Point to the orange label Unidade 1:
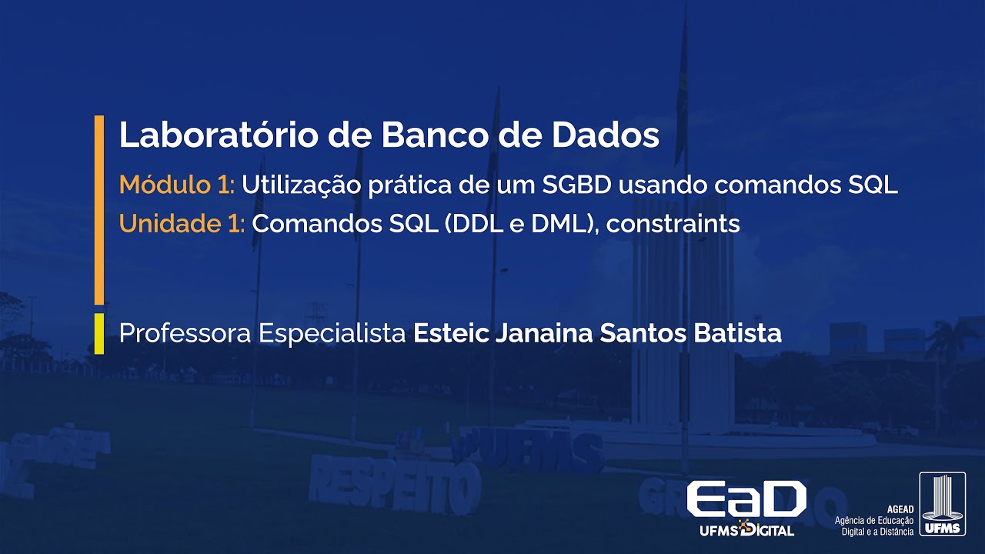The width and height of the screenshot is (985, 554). coord(182,224)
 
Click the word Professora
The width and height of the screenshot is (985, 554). coord(185,334)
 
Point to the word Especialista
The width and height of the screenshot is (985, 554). coord(332,334)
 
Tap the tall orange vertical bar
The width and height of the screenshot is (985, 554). coord(98,209)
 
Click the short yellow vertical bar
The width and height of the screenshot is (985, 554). coord(98,333)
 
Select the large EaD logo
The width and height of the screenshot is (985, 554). coord(746,499)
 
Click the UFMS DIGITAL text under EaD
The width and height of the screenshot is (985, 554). coord(746,530)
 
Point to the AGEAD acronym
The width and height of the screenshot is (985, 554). coord(900,509)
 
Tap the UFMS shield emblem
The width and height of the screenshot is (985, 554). coord(941,505)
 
